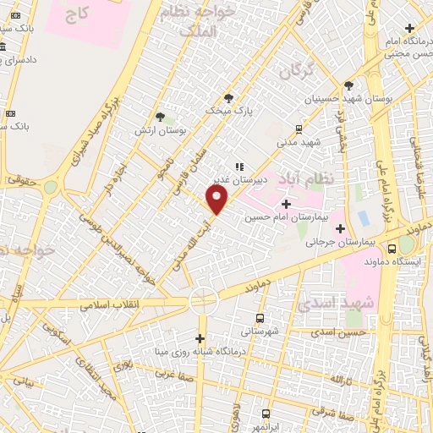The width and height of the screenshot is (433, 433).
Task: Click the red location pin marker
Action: click(217, 200)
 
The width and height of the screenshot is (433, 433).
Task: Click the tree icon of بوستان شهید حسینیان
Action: click(348, 85)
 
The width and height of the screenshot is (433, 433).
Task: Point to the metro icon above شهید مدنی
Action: click(299, 129)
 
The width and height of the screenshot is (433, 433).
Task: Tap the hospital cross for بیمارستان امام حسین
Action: click(286, 204)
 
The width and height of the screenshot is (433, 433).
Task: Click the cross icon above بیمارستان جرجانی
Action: click(340, 228)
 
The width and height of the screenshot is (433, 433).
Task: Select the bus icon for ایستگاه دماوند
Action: click(392, 249)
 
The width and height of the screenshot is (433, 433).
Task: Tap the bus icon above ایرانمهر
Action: click(266, 414)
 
